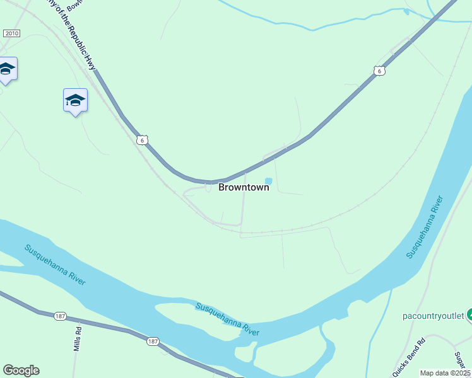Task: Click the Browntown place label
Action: [x=244, y=187]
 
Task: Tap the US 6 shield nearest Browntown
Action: [x=143, y=140]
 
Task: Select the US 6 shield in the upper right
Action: [x=378, y=71]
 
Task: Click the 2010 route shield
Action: [x=11, y=33]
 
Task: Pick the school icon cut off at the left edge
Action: [x=6, y=69]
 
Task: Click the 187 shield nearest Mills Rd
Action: [x=61, y=316]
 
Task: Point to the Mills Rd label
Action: [x=78, y=338]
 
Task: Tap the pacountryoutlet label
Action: [x=433, y=315]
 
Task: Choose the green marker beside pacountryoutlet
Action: [x=469, y=314]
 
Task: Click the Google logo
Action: [x=21, y=370]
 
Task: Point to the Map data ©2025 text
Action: [x=445, y=373]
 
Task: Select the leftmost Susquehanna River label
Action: [x=55, y=265]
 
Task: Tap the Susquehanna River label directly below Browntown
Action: [x=227, y=319]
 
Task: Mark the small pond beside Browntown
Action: [x=268, y=181]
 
